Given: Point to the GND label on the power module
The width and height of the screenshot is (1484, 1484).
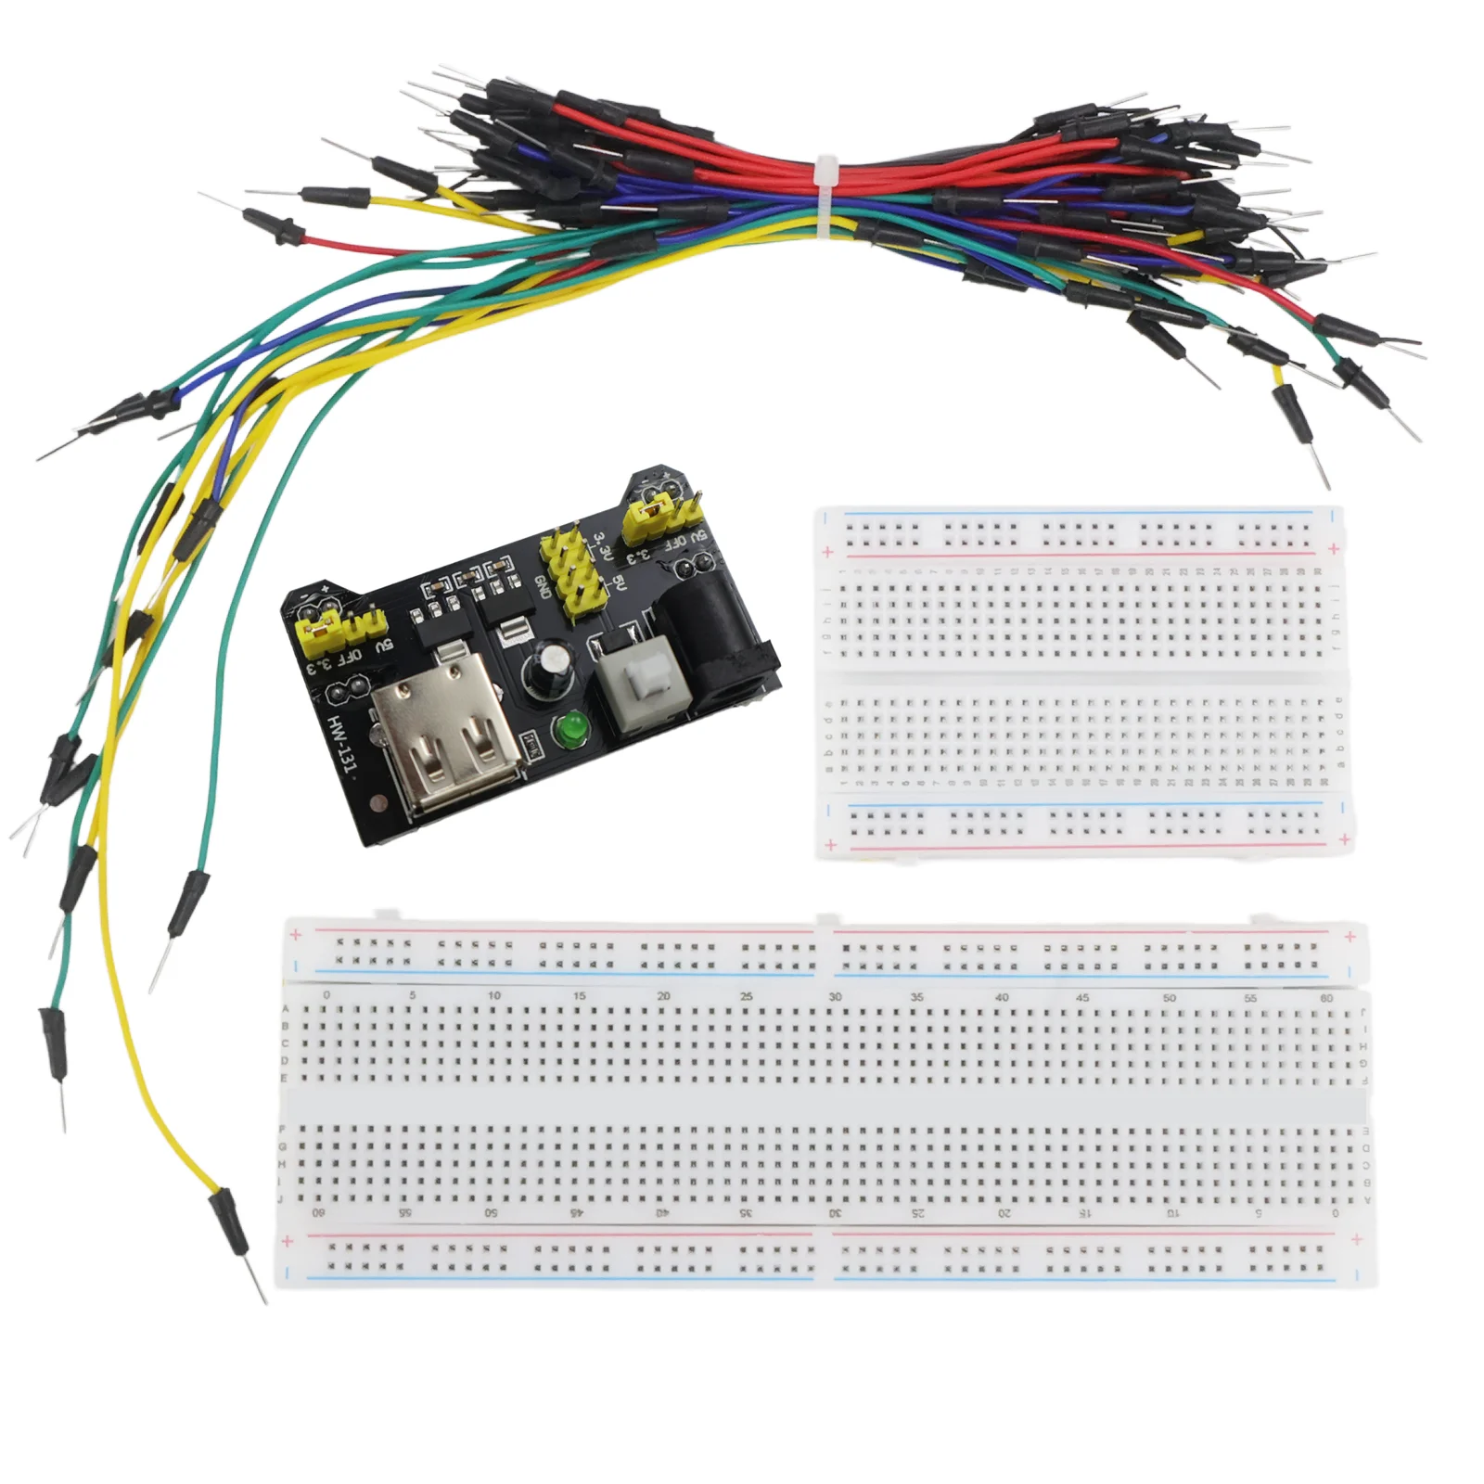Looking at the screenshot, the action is (544, 588).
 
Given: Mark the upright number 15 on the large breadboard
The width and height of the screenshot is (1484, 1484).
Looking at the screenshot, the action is (579, 996).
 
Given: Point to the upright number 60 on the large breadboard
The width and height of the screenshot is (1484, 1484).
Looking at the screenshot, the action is (1326, 998).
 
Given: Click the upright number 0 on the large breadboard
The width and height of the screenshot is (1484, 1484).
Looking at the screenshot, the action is (326, 995).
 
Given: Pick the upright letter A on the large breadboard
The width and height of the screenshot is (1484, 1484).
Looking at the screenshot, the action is (285, 1010).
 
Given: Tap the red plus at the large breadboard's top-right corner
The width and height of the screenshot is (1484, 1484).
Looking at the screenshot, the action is (1350, 937).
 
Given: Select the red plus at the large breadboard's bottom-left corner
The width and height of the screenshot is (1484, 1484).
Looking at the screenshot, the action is (288, 1242).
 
